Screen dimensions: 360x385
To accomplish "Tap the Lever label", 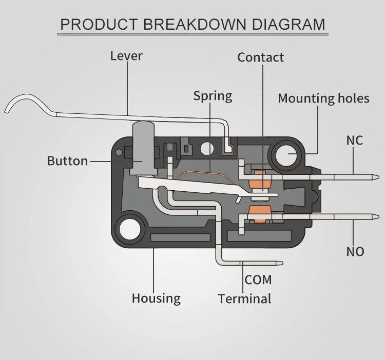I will click(x=126, y=55).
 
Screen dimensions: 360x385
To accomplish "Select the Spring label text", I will click(x=213, y=95).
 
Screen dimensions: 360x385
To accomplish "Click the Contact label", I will click(x=260, y=57).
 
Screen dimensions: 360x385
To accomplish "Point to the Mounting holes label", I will click(x=323, y=98).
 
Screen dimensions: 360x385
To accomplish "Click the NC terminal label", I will click(x=355, y=140).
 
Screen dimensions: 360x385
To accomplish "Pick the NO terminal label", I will click(x=355, y=251).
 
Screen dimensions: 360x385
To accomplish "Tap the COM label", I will click(x=258, y=280).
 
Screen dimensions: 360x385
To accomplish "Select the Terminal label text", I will click(x=244, y=298).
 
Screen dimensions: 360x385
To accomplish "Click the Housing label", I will click(x=156, y=298).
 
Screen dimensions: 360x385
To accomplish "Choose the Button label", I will click(x=67, y=161).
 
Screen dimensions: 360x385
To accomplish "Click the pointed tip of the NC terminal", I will click(x=379, y=178).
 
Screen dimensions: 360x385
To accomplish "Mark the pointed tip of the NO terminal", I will click(x=379, y=217).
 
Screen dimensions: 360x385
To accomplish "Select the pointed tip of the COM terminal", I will click(x=281, y=264).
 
